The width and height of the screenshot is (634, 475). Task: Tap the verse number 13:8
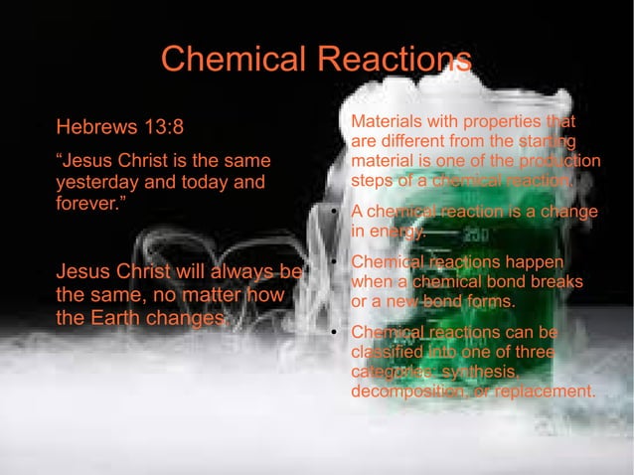[x=158, y=127]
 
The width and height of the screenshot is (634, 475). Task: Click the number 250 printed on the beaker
[x=475, y=236]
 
